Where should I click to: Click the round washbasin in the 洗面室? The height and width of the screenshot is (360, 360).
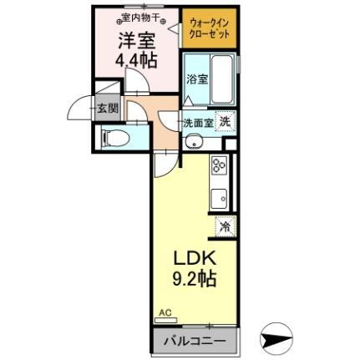[x=193, y=139]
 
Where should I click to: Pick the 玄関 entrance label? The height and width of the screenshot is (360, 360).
[x=105, y=109]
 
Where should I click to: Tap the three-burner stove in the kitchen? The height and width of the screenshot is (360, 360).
[x=221, y=167]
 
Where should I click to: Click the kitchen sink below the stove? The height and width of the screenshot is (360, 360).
[x=221, y=199]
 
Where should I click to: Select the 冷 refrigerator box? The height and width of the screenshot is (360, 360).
[x=225, y=226]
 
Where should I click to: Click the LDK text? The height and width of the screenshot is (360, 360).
[x=195, y=257]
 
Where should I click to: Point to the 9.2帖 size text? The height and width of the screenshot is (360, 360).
[x=195, y=279]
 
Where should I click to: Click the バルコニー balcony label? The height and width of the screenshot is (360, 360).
[x=194, y=342]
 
